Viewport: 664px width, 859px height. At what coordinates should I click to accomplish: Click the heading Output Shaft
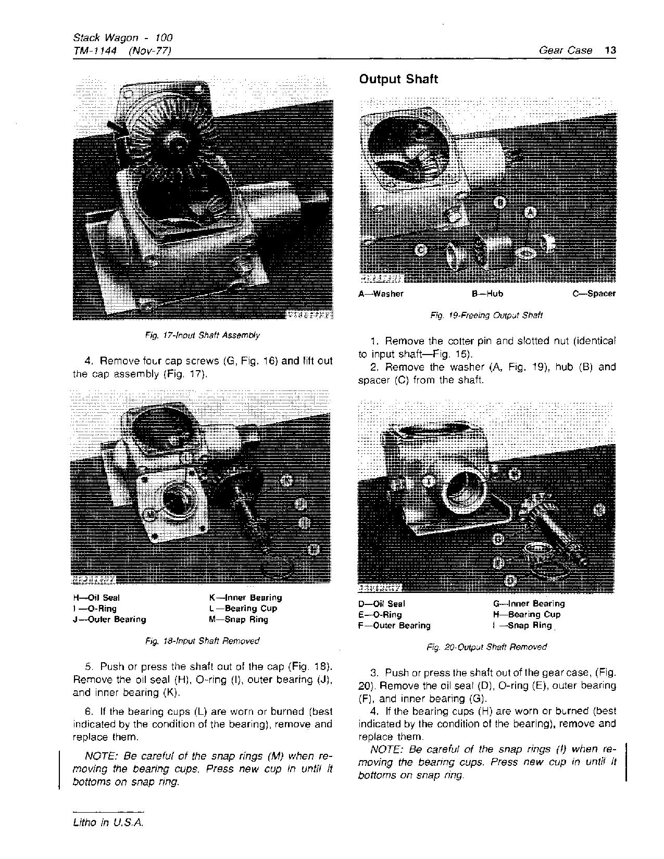click(398, 80)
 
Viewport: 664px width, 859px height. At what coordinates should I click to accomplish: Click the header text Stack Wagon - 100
click(122, 37)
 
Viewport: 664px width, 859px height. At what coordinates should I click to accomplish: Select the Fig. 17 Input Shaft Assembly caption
click(203, 335)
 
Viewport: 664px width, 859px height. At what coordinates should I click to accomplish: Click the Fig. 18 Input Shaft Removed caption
click(203, 641)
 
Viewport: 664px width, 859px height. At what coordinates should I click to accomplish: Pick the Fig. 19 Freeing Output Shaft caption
click(486, 315)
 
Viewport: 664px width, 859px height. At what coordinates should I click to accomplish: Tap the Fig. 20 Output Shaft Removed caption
click(486, 647)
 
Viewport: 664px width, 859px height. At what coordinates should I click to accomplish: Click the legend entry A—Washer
click(381, 294)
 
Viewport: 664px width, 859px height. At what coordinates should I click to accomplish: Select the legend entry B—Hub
click(487, 294)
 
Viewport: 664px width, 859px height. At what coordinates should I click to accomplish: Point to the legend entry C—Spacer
click(594, 294)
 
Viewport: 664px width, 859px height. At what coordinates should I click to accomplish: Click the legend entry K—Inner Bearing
click(245, 598)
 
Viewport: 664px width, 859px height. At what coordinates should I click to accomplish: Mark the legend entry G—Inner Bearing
click(529, 604)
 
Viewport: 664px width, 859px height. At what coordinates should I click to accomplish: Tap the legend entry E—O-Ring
click(380, 615)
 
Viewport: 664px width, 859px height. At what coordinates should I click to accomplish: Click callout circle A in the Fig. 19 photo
click(530, 212)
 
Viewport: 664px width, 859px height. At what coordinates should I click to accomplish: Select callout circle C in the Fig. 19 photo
click(421, 250)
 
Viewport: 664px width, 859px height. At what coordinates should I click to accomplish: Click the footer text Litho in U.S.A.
click(108, 823)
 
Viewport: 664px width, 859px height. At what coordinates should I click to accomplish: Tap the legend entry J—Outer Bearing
click(109, 620)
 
